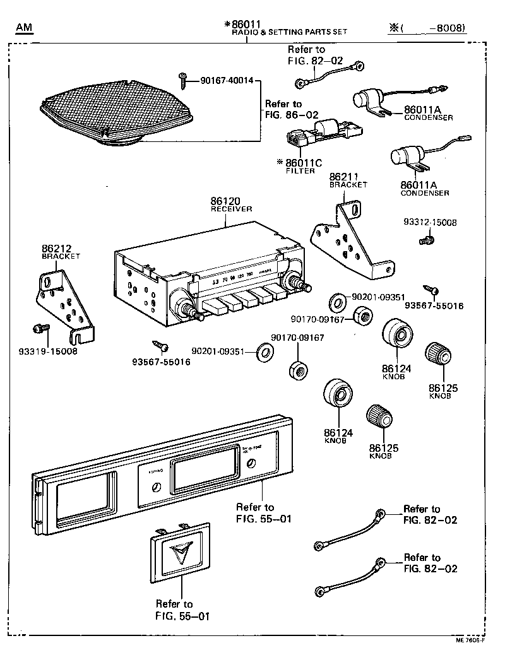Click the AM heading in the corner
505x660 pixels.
coord(25,28)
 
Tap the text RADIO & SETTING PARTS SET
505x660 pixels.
coord(289,32)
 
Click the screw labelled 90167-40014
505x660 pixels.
coord(183,78)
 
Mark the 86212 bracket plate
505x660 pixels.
coord(66,300)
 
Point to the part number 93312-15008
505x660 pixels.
coord(430,223)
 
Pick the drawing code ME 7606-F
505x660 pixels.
coord(469,639)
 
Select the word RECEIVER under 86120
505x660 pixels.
coord(231,208)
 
